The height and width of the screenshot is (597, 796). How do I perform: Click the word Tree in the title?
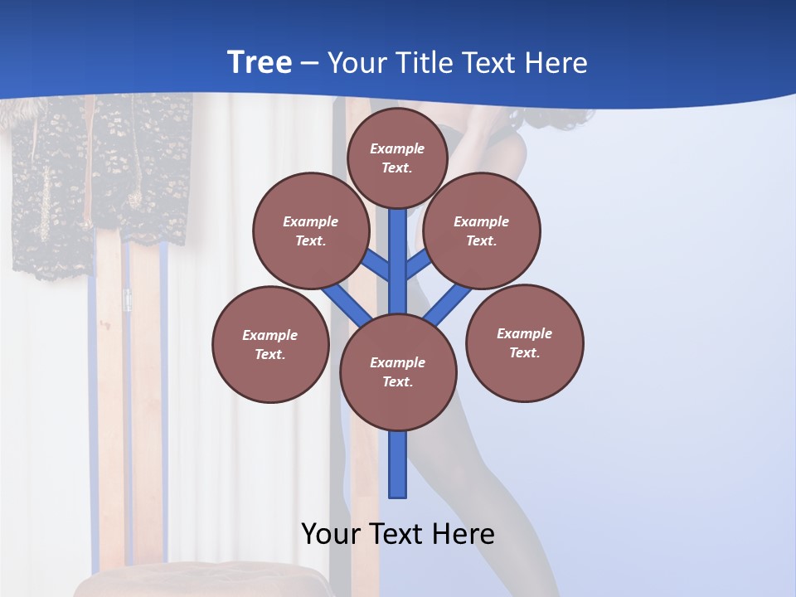[260, 62]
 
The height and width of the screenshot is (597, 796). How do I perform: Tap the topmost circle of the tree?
[397, 158]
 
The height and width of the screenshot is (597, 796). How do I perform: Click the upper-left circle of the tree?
[311, 231]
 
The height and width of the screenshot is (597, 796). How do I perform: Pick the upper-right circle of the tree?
[482, 231]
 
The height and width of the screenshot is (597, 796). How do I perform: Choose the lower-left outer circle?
[270, 344]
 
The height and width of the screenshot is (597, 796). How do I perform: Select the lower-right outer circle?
[525, 342]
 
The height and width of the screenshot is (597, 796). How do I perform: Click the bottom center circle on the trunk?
[398, 371]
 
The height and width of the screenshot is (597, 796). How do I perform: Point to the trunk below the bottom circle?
[398, 464]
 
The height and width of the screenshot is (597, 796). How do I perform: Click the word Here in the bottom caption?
[464, 534]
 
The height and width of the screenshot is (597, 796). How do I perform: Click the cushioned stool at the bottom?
[199, 580]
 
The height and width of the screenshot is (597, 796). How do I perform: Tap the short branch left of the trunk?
[378, 265]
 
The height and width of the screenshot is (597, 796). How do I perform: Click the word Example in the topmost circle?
[397, 148]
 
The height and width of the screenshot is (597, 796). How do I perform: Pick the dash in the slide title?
[309, 63]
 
